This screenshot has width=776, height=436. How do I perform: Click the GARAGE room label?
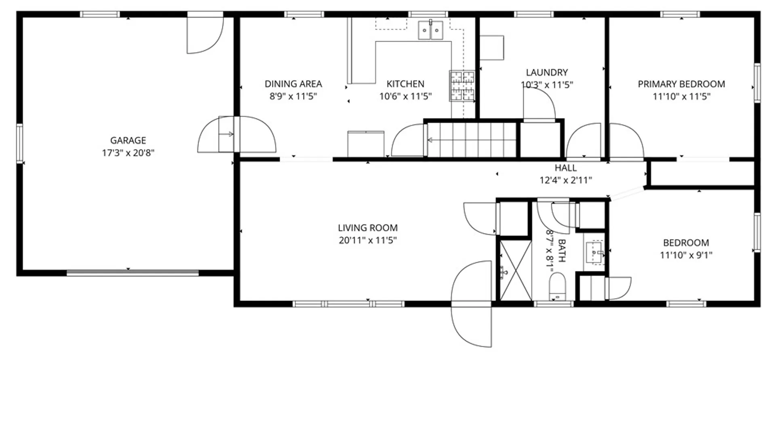coord(128,140)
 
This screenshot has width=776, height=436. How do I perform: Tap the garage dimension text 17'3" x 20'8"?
coord(128,153)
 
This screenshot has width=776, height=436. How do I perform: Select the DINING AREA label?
coord(293,84)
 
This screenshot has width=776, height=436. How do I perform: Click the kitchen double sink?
coord(430,30)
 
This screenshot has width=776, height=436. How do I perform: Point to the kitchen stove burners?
coord(462,86)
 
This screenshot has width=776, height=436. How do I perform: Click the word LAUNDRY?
coord(547,73)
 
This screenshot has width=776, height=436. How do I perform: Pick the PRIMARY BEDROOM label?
coord(681,84)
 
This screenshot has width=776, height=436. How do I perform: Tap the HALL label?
coord(566,168)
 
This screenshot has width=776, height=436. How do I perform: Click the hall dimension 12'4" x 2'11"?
coord(566,180)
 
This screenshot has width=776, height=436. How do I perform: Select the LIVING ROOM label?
coord(368,228)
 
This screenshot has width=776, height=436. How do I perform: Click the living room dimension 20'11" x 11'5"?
coord(368,240)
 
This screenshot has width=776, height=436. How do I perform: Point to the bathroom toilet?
coord(558,286)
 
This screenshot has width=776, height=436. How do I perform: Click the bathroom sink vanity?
coord(595,252)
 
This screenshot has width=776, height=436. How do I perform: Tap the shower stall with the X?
coord(516,270)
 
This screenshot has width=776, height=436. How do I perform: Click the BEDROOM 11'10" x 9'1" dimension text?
coord(686,255)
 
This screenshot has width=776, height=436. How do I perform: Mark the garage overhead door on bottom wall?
coord(133,273)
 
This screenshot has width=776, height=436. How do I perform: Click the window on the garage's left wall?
coord(19,144)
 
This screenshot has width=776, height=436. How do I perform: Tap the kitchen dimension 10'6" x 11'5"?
coord(405,96)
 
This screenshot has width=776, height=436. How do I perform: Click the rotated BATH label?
coord(562,250)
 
